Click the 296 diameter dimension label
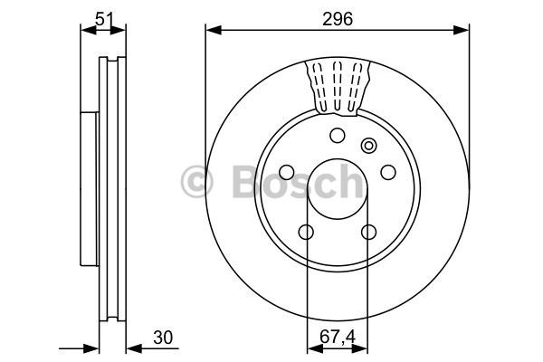(338, 19)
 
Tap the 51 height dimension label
(105, 19)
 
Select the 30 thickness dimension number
(163, 337)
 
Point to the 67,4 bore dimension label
(338, 337)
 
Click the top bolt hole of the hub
(338, 135)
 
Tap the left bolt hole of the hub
(286, 172)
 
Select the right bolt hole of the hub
(388, 172)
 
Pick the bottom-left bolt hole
(306, 232)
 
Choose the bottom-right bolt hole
(368, 232)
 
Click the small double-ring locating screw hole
(369, 146)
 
